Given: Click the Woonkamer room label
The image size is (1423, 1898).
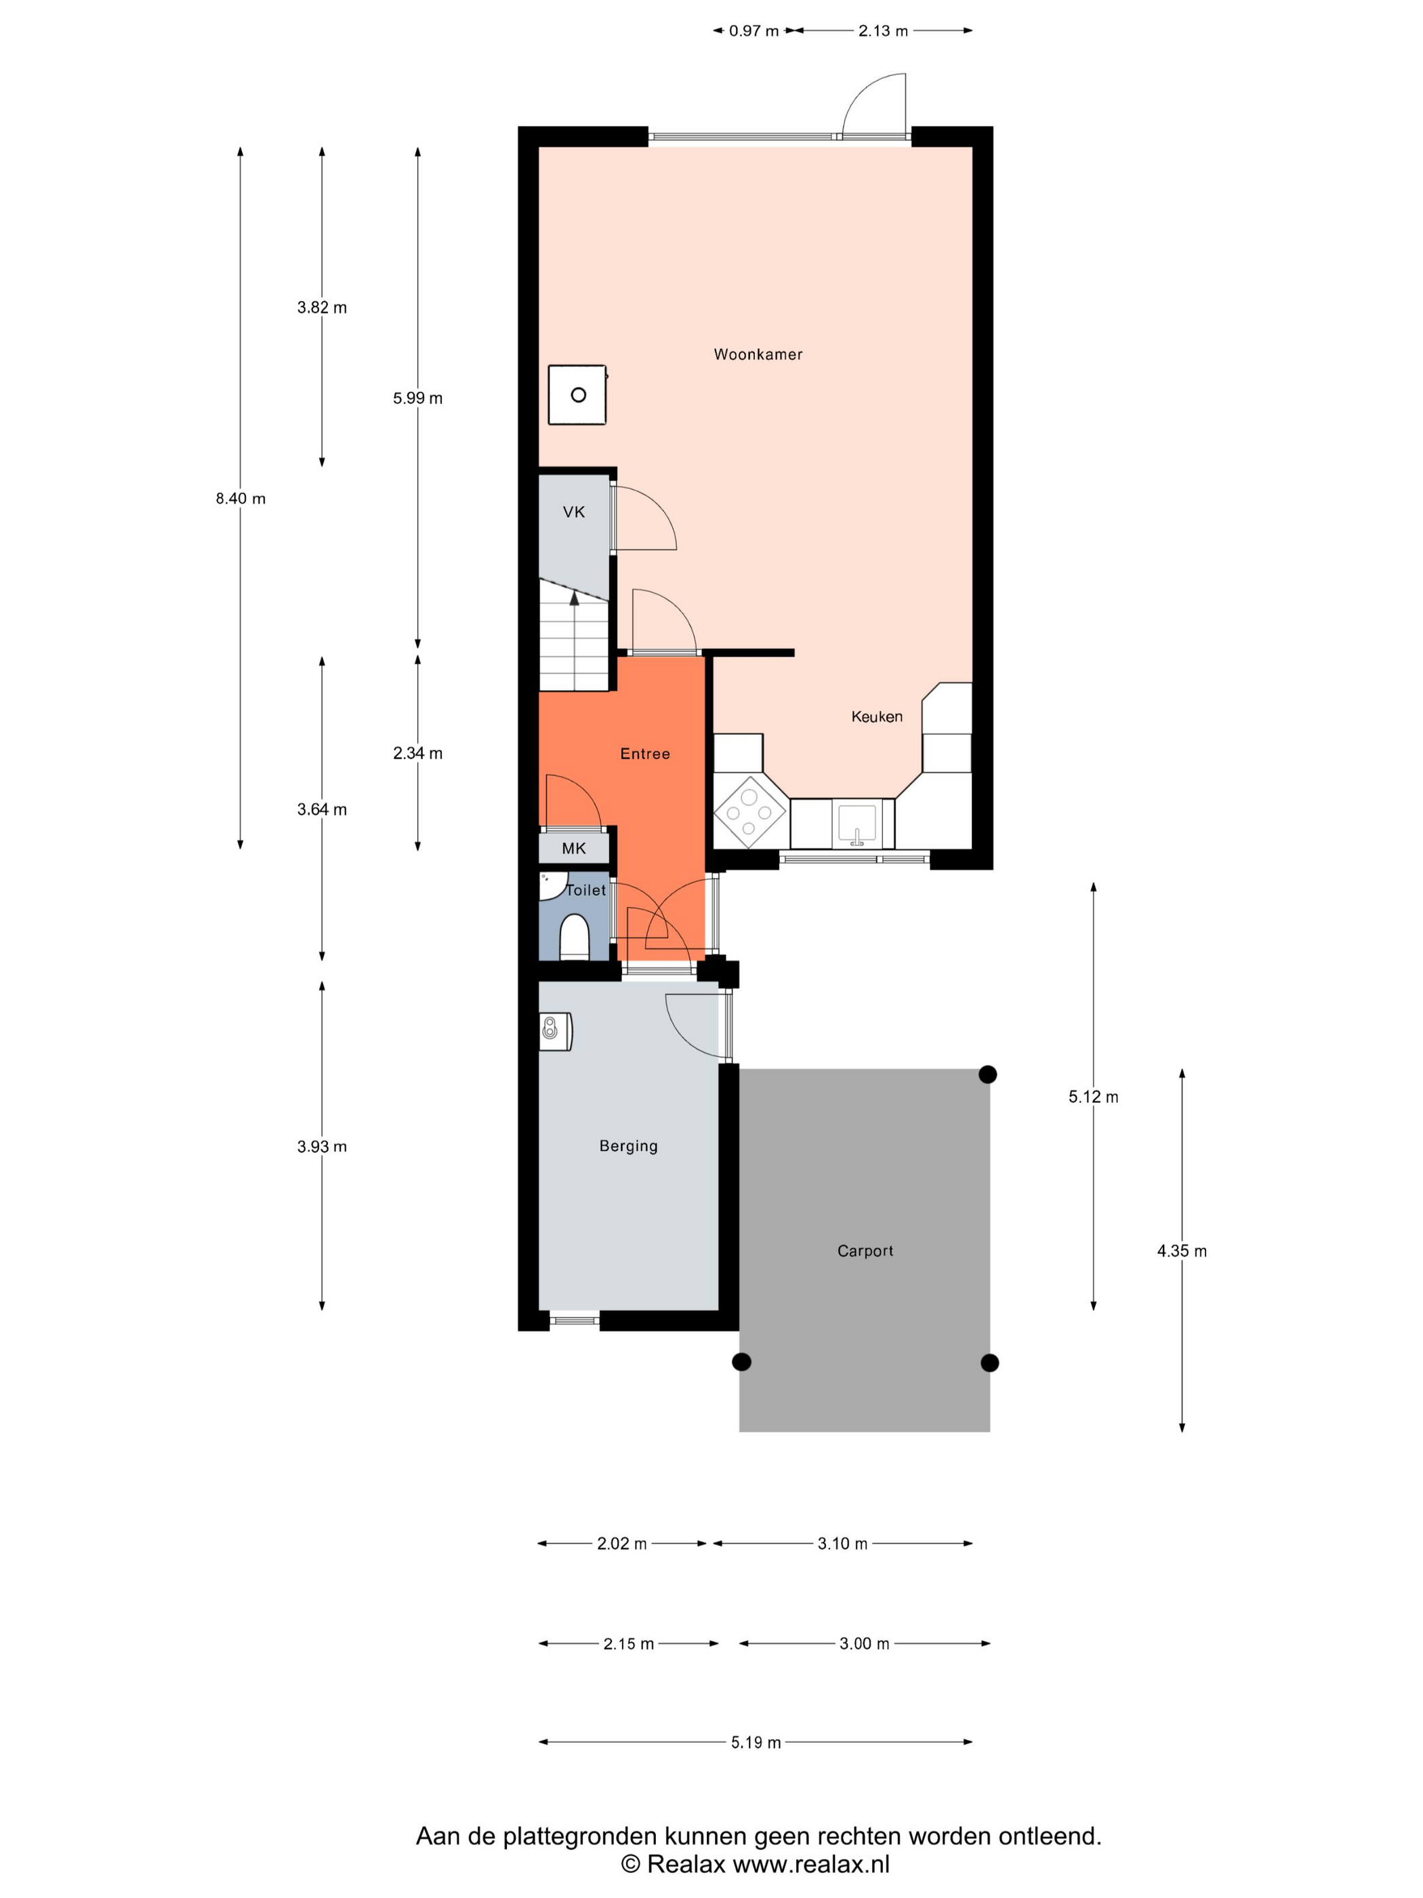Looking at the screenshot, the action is pos(758,355).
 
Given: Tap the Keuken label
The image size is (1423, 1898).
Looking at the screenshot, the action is pos(877,716).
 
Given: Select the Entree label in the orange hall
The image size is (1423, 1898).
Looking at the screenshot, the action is pos(645,753).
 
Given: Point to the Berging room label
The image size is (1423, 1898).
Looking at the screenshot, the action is pos(629,1146).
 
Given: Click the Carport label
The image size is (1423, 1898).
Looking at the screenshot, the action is pos(865,1251).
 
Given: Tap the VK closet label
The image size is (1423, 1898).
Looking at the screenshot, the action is pos(574,512).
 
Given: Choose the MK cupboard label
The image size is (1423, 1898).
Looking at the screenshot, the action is pos(574,849).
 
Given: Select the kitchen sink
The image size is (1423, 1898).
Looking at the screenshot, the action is pos(856,824).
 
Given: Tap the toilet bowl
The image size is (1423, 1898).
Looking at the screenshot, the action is pos(574,938).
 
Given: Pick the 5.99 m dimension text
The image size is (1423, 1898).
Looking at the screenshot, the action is pos(417,398).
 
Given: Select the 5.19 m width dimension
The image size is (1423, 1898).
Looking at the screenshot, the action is pos(756,1743).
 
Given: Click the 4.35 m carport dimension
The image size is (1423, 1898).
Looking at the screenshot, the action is pos(1182,1251).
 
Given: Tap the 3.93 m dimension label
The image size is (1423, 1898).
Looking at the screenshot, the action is pos(322,1146).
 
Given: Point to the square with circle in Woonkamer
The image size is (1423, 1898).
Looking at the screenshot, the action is pos(577,395).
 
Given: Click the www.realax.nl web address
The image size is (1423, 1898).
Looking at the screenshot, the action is pos(811,1863).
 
